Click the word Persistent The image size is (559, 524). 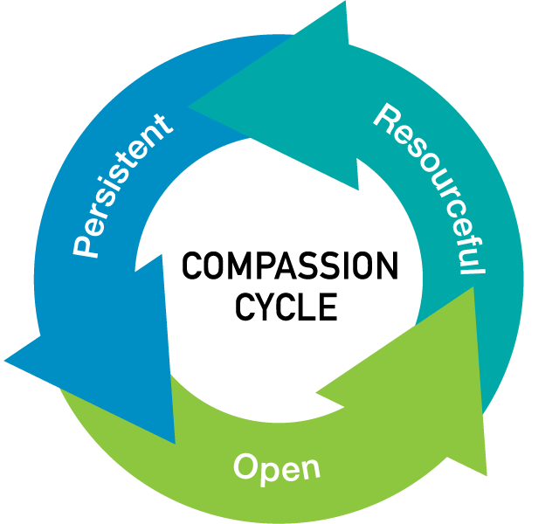(121, 186)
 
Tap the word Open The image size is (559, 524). (277, 467)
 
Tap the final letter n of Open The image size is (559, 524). (310, 469)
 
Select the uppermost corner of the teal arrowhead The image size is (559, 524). (343, 3)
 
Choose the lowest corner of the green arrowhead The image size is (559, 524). (486, 476)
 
